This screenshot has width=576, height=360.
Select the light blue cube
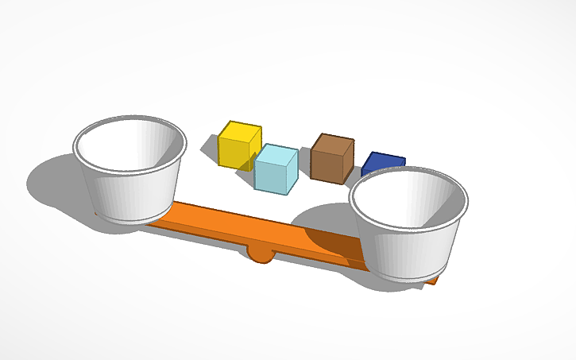point(276,168)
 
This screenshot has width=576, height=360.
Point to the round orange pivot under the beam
point(261,254)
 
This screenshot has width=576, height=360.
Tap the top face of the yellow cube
point(241,129)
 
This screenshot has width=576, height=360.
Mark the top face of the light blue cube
point(277,153)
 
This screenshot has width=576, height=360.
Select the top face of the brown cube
point(333,141)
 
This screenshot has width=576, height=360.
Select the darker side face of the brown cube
point(348,164)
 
